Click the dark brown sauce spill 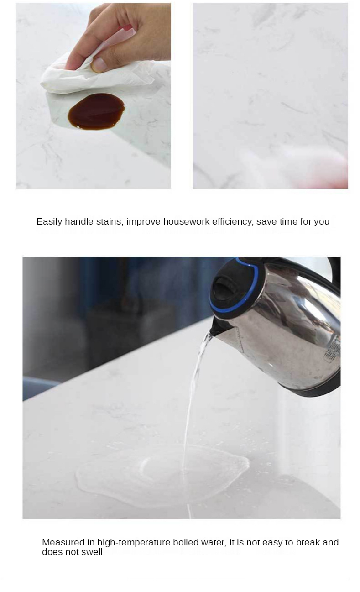(96, 111)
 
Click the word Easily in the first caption (49, 221)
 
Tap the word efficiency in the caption (233, 221)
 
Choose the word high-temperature (134, 543)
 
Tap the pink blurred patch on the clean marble (319, 169)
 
